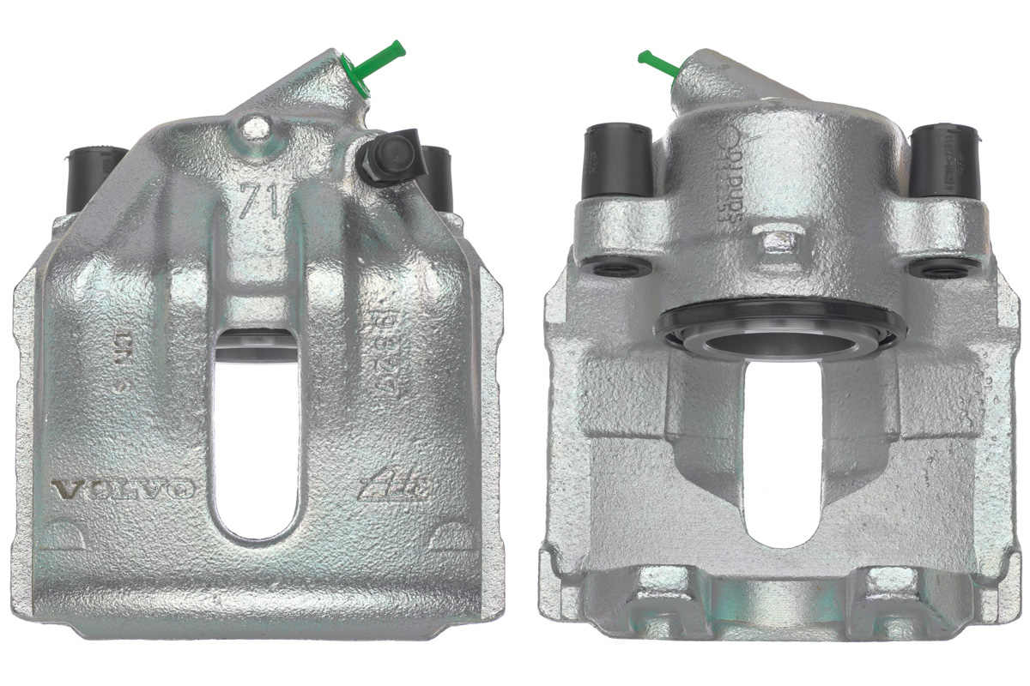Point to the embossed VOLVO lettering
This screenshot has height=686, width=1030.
click(x=124, y=490)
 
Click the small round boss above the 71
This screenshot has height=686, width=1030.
click(x=255, y=129)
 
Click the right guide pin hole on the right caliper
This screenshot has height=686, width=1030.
click(x=936, y=269)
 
